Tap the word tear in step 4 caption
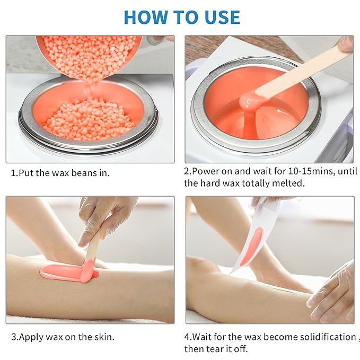pyautogui.click(x=214, y=349)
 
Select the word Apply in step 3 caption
pyautogui.click(x=31, y=337)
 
